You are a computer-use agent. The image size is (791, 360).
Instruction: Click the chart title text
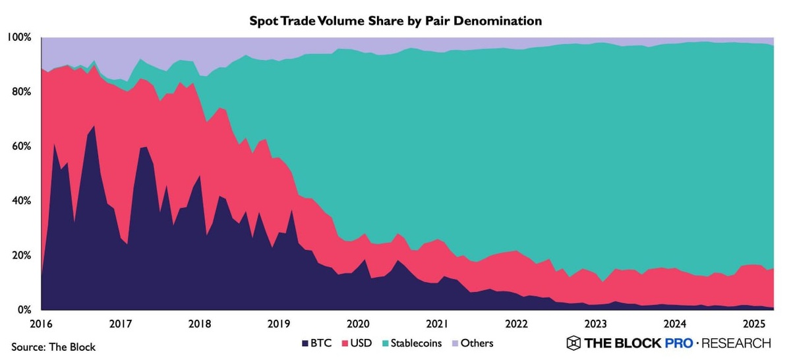[x=395, y=21]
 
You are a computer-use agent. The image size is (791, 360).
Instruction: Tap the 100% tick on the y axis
[x=19, y=38]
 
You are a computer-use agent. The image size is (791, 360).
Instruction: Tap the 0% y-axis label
[x=24, y=309]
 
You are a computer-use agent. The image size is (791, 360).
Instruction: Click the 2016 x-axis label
[x=41, y=324]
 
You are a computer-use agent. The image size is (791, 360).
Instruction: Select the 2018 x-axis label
[x=199, y=324]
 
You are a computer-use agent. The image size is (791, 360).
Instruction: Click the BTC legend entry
[x=317, y=344]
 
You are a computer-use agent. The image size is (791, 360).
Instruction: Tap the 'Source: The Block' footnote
[x=53, y=346]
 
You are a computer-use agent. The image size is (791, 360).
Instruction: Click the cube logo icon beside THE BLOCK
[x=573, y=343]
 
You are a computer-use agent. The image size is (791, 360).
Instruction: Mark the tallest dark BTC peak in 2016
[x=94, y=126]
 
